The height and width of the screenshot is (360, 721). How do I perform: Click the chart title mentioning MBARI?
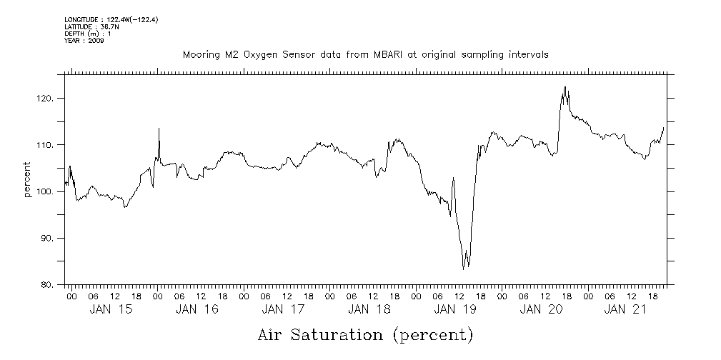[365, 55]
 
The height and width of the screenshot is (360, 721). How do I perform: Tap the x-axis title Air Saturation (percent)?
[365, 334]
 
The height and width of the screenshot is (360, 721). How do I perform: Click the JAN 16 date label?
[197, 309]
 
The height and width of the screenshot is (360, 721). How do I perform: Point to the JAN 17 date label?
[282, 309]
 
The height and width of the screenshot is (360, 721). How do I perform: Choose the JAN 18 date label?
[369, 309]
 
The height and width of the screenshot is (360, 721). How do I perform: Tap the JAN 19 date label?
[454, 309]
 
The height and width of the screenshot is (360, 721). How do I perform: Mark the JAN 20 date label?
[541, 309]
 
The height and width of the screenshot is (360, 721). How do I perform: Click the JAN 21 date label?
[627, 309]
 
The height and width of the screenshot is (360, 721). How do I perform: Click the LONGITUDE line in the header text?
[111, 20]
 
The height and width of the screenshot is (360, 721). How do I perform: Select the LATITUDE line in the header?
[89, 26]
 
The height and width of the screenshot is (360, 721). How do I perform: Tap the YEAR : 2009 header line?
[84, 41]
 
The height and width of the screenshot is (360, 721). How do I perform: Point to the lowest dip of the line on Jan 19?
[464, 269]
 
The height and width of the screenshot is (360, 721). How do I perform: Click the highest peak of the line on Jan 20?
[565, 87]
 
